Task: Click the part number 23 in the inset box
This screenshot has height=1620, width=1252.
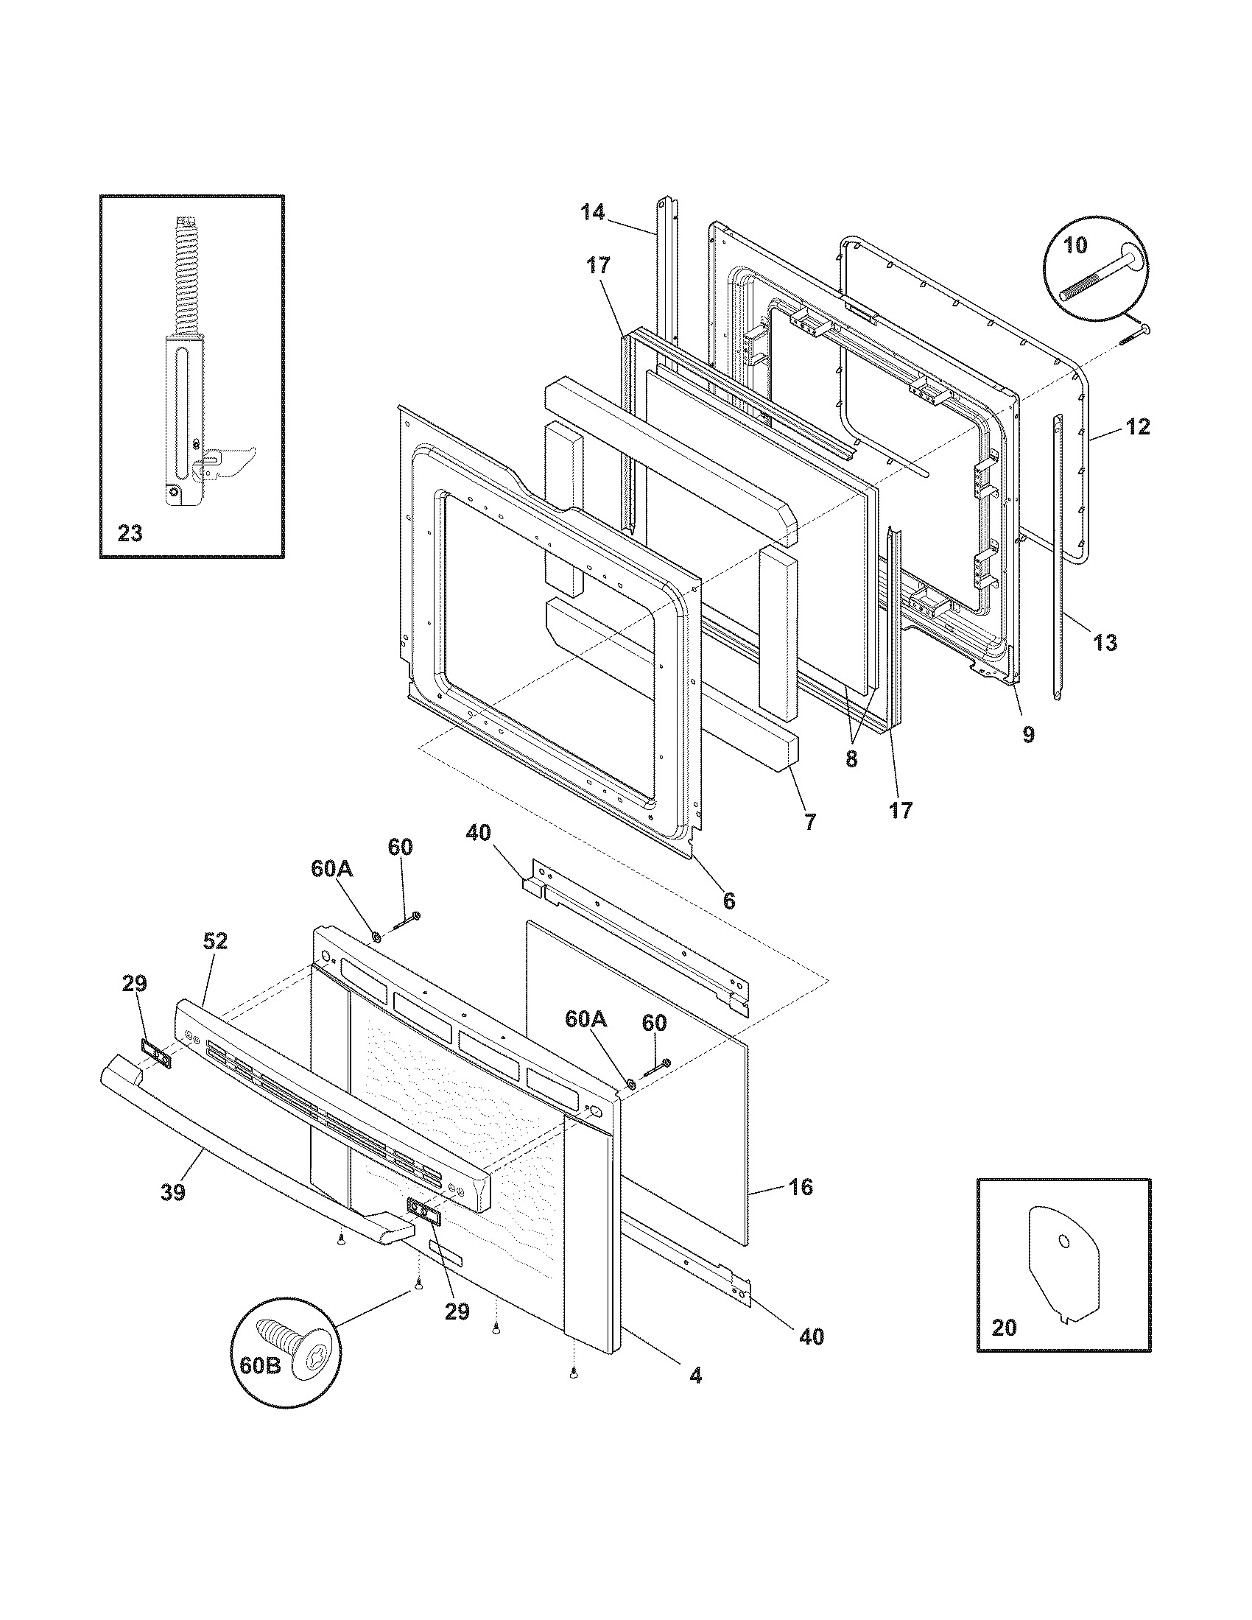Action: [x=130, y=532]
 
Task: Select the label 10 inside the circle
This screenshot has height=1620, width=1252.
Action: [x=1075, y=244]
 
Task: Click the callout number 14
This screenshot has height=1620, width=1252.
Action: [x=592, y=212]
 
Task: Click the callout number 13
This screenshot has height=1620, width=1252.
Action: [x=1105, y=642]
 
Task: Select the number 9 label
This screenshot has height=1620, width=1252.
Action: [x=1028, y=734]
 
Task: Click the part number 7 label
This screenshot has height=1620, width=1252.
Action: [x=809, y=821]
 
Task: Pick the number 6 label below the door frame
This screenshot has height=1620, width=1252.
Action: [x=728, y=901]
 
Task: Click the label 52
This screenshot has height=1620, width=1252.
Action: [x=215, y=941]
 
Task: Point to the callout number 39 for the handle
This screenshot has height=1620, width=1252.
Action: [x=173, y=1192]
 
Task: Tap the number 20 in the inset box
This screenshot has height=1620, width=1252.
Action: [x=1004, y=1327]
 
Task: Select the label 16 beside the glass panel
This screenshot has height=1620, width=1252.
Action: [x=801, y=1187]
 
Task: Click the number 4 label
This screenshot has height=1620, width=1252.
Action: [x=695, y=1376]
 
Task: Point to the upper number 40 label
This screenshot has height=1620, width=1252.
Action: [x=478, y=833]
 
